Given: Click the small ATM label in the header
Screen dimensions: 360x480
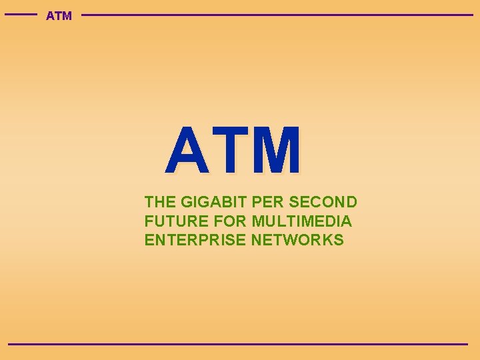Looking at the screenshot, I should [59, 15].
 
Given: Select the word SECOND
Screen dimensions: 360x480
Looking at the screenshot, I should [323, 202].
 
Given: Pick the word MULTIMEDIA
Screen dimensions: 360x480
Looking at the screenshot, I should [302, 221].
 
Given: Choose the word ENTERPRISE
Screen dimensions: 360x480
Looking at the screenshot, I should [195, 240].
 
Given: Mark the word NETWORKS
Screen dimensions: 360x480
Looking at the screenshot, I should [297, 240].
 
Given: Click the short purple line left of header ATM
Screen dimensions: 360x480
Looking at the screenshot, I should [21, 14].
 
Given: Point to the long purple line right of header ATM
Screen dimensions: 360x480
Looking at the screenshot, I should [277, 15].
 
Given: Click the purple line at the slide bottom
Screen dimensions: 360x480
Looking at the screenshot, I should [238, 344].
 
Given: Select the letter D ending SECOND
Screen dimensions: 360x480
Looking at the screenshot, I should [351, 202].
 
